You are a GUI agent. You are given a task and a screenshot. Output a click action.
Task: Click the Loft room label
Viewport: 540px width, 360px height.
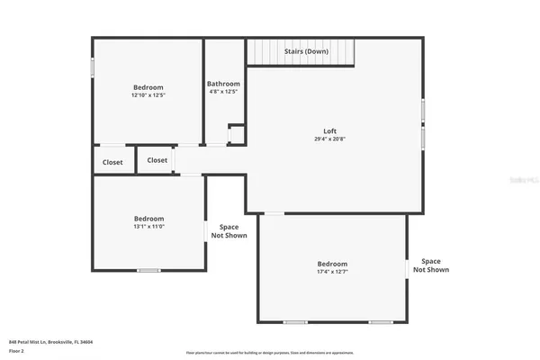pyautogui.click(x=331, y=131)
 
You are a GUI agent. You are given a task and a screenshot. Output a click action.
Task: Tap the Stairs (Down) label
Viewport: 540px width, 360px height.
pyautogui.click(x=306, y=51)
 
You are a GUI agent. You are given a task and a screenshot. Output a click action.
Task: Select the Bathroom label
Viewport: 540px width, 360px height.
pyautogui.click(x=223, y=84)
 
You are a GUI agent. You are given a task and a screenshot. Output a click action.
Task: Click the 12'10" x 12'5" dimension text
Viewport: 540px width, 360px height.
pyautogui.click(x=148, y=94)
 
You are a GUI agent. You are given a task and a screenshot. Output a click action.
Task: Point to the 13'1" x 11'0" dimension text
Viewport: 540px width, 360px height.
pyautogui.click(x=148, y=227)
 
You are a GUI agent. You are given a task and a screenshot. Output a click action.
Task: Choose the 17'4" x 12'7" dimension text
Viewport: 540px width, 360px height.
pyautogui.click(x=331, y=271)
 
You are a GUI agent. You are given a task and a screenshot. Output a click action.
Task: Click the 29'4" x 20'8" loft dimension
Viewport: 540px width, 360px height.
pyautogui.click(x=331, y=139)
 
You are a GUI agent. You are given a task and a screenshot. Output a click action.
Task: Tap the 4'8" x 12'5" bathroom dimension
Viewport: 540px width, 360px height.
pyautogui.click(x=223, y=91)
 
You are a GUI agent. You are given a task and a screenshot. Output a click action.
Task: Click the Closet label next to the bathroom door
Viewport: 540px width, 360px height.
pyautogui.click(x=157, y=160)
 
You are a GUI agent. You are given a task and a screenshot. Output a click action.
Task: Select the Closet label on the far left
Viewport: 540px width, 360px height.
pyautogui.click(x=112, y=163)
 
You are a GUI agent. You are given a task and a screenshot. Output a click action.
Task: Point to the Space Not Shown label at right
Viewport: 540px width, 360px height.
pyautogui.click(x=431, y=265)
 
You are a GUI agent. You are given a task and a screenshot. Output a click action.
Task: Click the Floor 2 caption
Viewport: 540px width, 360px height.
pyautogui.click(x=16, y=351)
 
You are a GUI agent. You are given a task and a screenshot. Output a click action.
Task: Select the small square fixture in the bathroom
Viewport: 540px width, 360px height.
pyautogui.click(x=236, y=134)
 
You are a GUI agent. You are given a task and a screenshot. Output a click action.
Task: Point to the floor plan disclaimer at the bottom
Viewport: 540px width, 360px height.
pyautogui.click(x=270, y=353)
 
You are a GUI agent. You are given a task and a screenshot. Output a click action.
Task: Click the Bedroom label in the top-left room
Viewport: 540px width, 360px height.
pyautogui.click(x=148, y=87)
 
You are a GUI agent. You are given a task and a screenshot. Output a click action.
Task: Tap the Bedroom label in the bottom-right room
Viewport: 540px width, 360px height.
pyautogui.click(x=331, y=264)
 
